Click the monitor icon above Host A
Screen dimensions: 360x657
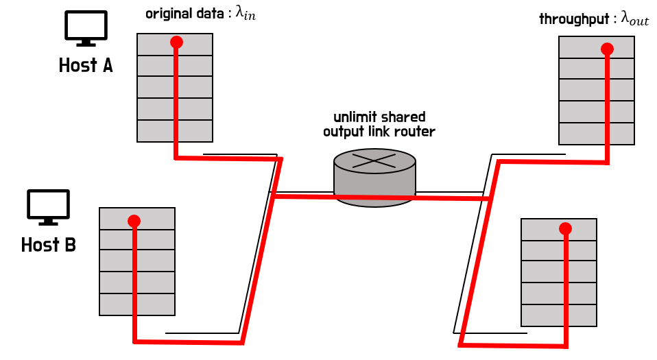(86, 28)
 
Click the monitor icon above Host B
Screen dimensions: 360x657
(48, 206)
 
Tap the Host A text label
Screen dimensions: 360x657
(86, 66)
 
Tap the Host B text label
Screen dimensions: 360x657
(48, 245)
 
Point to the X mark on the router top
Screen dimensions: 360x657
(374, 160)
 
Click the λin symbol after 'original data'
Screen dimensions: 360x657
(246, 14)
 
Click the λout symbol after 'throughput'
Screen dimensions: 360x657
(634, 19)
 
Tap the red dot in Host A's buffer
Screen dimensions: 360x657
(176, 42)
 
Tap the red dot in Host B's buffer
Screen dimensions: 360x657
(134, 221)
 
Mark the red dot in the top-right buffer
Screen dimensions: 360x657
(607, 49)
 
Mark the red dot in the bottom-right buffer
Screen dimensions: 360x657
(565, 228)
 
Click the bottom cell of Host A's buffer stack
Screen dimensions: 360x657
(175, 131)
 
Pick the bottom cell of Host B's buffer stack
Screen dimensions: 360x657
(137, 304)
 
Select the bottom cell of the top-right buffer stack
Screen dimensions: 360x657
(597, 134)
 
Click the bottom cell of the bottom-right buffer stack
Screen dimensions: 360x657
(559, 315)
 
